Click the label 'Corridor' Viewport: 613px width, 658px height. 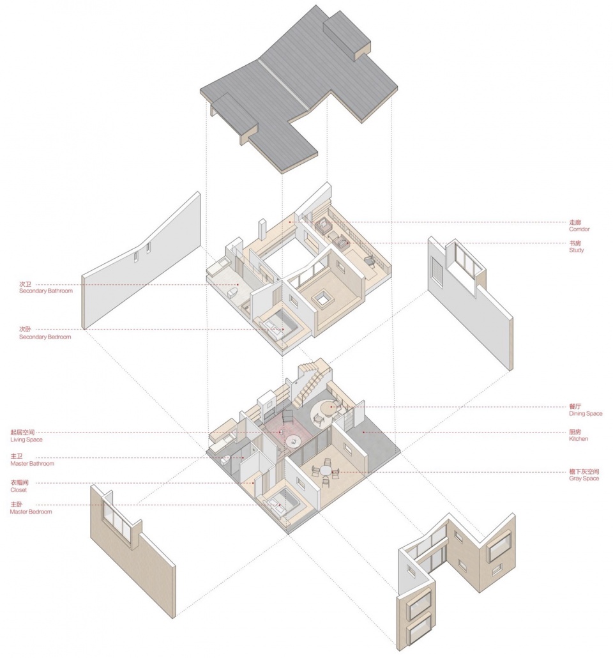pos(579,229)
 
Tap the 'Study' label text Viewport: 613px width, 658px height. pos(576,250)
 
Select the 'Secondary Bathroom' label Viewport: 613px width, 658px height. pos(45,291)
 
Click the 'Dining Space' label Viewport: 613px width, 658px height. pos(585,413)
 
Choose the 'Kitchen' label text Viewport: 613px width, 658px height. pos(579,439)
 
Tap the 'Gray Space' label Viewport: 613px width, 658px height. pos(584,478)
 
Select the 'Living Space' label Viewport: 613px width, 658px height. pos(31,440)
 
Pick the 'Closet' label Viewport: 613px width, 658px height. pos(19,489)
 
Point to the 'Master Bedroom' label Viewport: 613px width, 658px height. pos(31,512)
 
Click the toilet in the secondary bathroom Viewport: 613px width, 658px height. pos(231,295)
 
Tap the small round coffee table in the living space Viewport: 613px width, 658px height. pos(294,441)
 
